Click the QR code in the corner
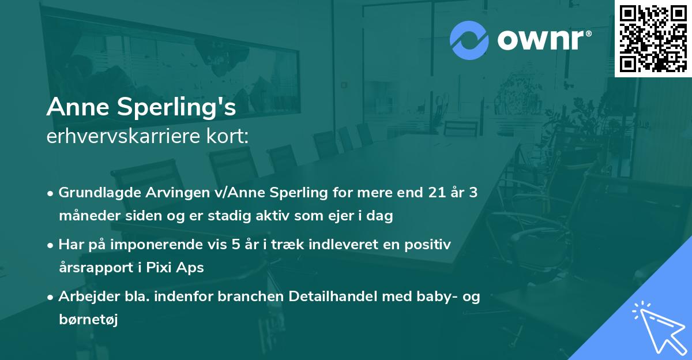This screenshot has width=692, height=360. (x=653, y=39)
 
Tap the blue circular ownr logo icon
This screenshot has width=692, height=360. (x=469, y=40)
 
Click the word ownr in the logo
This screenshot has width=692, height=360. (x=544, y=40)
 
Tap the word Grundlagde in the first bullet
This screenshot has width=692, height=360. (x=96, y=193)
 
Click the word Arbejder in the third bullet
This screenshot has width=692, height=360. (x=86, y=297)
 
